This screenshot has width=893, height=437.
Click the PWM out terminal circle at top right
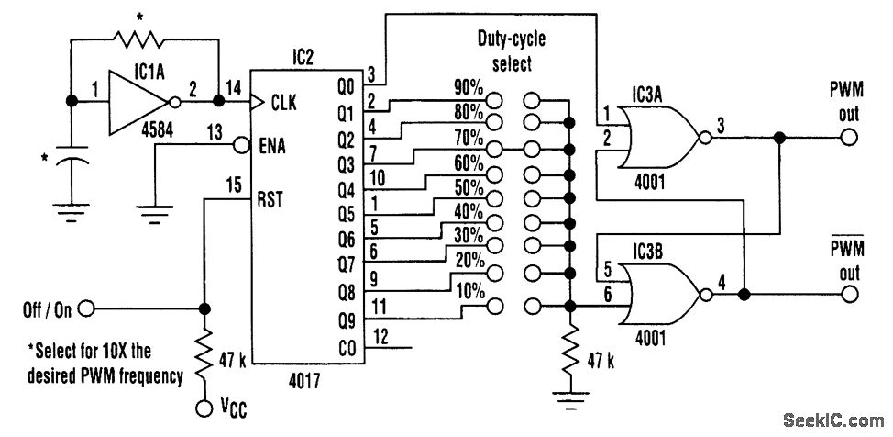(x=849, y=138)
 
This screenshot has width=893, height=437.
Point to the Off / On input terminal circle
(x=86, y=309)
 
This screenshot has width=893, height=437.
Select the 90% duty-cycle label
(x=469, y=88)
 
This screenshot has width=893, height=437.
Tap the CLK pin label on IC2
(x=284, y=103)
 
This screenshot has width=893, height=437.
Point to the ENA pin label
(x=271, y=146)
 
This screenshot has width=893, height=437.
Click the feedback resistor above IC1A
(x=138, y=39)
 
